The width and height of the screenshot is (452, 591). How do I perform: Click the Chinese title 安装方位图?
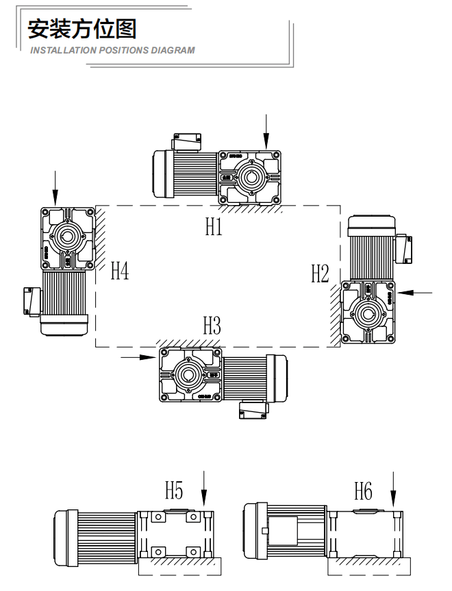pyautogui.click(x=83, y=29)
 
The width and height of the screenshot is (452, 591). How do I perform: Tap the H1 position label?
pyautogui.click(x=214, y=228)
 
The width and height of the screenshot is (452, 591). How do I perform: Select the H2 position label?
pyautogui.click(x=320, y=274)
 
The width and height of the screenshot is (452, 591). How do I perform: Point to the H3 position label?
pyautogui.click(x=212, y=326)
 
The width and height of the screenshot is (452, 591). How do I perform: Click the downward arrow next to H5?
pyautogui.click(x=204, y=490)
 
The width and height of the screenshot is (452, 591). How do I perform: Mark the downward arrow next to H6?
pyautogui.click(x=393, y=490)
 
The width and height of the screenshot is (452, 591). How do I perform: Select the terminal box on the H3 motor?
pyautogui.click(x=251, y=409)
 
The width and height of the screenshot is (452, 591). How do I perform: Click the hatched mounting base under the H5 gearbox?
pyautogui.click(x=180, y=566)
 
